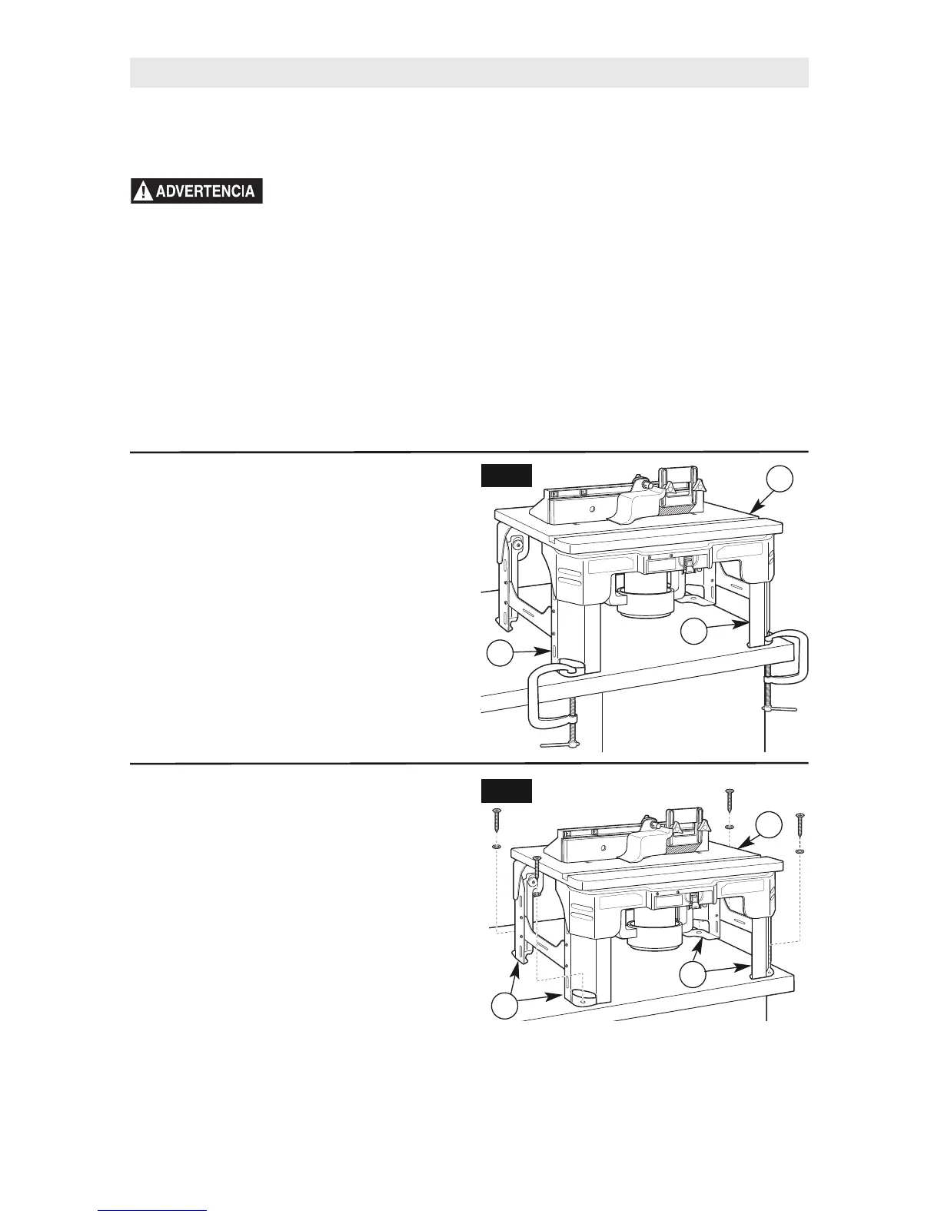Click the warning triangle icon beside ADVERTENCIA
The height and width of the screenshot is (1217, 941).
(141, 191)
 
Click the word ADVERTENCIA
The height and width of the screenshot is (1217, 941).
(204, 191)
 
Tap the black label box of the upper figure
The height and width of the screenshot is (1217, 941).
(506, 476)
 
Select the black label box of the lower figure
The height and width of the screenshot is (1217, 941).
(506, 791)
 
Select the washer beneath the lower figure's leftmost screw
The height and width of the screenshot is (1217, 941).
(497, 846)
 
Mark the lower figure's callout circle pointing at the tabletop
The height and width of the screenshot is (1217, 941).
(769, 824)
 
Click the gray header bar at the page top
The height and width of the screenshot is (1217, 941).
(469, 72)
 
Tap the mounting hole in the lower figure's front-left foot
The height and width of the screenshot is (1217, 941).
(586, 998)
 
